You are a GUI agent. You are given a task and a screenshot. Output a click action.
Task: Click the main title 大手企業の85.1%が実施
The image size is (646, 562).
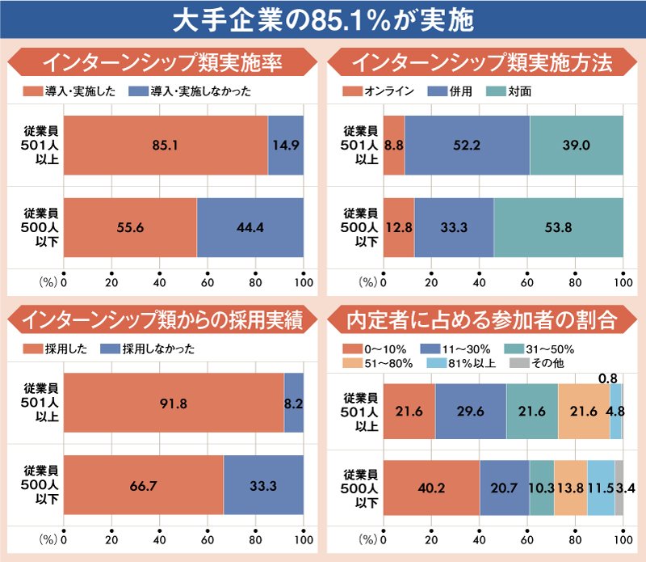pos(323,19)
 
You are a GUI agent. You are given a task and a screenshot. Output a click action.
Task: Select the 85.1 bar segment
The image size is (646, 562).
pos(166,146)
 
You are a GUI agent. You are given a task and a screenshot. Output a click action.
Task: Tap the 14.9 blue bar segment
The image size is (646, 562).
pos(286,146)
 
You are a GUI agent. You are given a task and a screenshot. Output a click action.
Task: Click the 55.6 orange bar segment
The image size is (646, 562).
pos(130,227)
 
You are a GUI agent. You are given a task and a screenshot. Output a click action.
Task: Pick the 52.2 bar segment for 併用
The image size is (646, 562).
pos(468,146)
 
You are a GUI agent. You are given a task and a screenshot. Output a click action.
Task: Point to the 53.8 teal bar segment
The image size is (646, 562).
pos(559,227)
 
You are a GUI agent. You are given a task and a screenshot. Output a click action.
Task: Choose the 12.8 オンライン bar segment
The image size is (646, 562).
pos(399,227)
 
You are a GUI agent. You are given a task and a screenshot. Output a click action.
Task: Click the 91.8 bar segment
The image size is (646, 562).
pos(174,403)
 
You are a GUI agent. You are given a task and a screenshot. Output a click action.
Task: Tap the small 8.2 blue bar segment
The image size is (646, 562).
pos(294,403)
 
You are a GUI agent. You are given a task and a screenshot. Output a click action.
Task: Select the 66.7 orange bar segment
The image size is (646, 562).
pos(144,485)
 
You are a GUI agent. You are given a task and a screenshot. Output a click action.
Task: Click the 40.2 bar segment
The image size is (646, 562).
pos(432,488)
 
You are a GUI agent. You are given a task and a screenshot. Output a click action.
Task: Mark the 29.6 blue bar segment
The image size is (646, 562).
pos(471,412)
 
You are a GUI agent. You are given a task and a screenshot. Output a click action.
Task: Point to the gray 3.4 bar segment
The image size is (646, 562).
pos(619,488)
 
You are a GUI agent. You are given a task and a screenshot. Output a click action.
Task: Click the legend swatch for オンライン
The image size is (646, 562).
pos(352,91)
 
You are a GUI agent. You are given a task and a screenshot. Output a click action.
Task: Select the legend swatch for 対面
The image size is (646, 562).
pos(496,91)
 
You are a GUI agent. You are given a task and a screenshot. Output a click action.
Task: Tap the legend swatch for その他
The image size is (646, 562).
pos(519,363)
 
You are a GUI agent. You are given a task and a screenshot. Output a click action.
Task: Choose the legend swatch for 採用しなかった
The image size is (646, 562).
pos(111,349)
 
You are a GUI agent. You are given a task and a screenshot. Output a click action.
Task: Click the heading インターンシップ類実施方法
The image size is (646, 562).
pos(482,62)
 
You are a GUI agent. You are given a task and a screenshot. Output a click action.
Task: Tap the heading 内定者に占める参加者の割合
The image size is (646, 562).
pos(482,319)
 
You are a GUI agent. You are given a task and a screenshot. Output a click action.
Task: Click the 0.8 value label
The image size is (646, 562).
pos(608,378)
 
